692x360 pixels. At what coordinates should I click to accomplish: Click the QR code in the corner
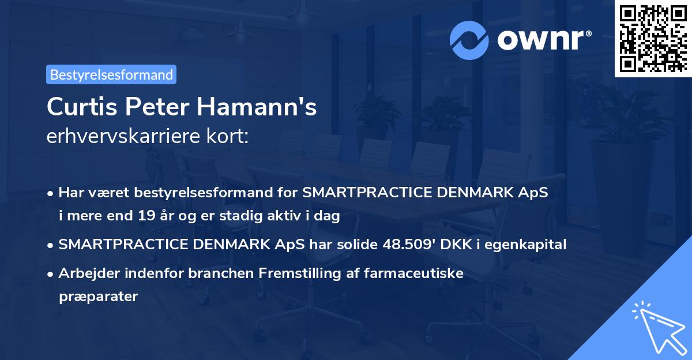[653, 38]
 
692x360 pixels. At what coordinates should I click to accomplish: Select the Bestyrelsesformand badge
[111, 74]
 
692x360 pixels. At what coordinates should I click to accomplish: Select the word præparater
[98, 297]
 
